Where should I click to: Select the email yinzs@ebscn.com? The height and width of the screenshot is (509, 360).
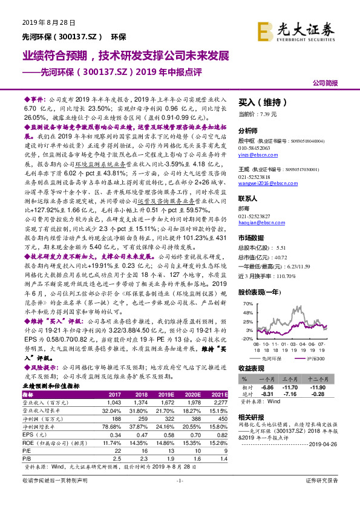[257, 155]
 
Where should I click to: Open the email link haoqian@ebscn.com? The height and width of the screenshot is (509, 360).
[258, 222]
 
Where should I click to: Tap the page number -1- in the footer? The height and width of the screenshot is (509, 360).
[180, 497]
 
